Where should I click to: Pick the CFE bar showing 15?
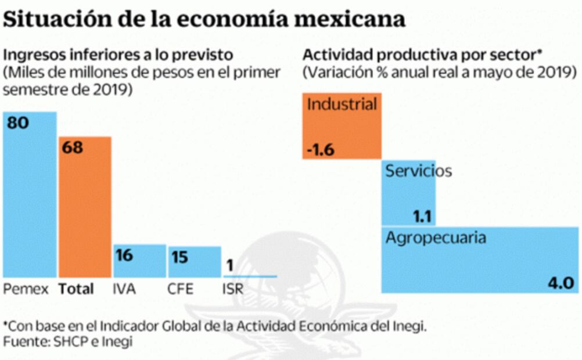(x=195, y=262)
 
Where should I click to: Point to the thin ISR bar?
(x=250, y=276)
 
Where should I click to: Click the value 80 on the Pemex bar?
(x=18, y=123)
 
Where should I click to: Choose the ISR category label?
(x=233, y=289)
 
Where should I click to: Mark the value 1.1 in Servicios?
(x=422, y=217)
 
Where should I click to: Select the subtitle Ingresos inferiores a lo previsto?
(x=118, y=55)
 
